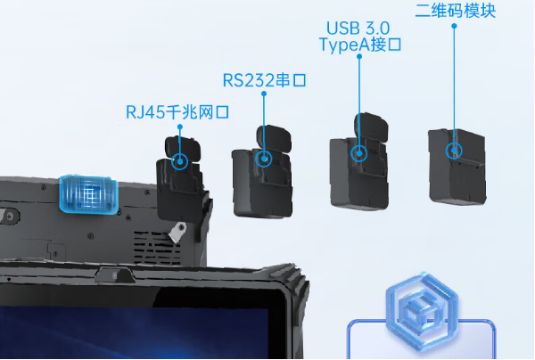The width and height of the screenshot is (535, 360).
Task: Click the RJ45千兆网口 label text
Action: pyautogui.click(x=177, y=112)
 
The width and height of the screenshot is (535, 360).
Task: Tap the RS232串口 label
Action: pyautogui.click(x=265, y=80)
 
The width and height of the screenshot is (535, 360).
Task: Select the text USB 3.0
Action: pyautogui.click(x=358, y=29)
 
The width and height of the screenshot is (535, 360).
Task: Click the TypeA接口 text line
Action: pyautogui.click(x=360, y=45)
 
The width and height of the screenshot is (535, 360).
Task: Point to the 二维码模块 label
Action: pyautogui.click(x=455, y=11)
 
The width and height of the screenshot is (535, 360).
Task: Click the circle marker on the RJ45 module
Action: pyautogui.click(x=179, y=161)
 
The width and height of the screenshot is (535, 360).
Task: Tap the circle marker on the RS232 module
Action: pyautogui.click(x=264, y=159)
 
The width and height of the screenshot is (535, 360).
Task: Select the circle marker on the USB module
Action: pyautogui.click(x=359, y=153)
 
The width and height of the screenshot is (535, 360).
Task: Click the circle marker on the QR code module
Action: pyautogui.click(x=454, y=151)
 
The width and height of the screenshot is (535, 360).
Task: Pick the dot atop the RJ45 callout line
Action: pyautogui.click(x=180, y=127)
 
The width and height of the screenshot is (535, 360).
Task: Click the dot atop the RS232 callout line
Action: pyautogui.click(x=264, y=94)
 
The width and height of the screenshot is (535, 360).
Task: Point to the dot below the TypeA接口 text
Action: pyautogui.click(x=359, y=56)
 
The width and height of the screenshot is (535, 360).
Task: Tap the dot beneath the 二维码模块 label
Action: pyautogui.click(x=454, y=26)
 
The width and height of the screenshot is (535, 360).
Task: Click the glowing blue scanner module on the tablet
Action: pyautogui.click(x=88, y=194)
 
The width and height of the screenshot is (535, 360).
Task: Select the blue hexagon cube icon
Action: pyautogui.click(x=422, y=311)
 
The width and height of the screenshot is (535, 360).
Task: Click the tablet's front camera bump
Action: pyautogui.click(x=114, y=274)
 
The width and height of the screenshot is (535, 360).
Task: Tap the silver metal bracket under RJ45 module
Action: pyautogui.click(x=177, y=232)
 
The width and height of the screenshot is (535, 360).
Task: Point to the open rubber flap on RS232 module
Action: pyautogui.click(x=274, y=139)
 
